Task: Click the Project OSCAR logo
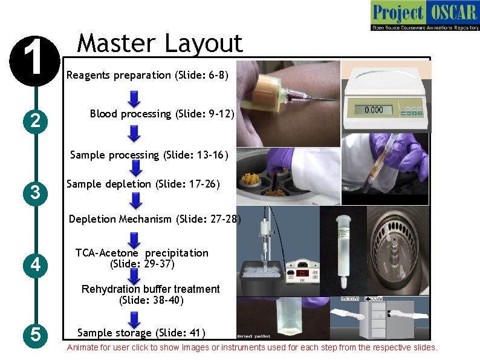point(425,16)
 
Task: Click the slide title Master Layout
point(160,43)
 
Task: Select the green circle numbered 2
point(36,122)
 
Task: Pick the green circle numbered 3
point(36,193)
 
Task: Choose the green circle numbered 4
point(36,264)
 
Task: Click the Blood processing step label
point(162,114)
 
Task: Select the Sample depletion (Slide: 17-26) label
point(143,184)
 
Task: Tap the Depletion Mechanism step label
point(155,219)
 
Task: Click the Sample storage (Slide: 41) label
point(141,333)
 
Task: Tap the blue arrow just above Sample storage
point(135,318)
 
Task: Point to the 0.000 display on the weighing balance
point(374,110)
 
